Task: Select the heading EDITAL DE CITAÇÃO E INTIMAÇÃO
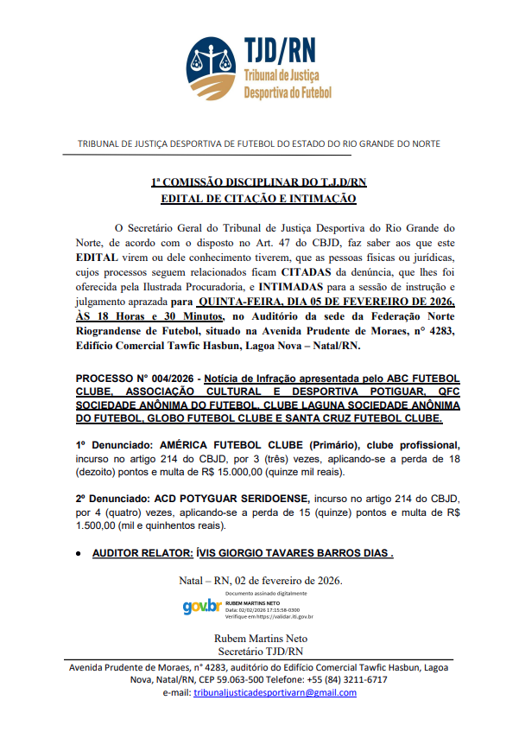click(x=258, y=199)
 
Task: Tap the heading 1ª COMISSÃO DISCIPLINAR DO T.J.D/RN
click(x=258, y=182)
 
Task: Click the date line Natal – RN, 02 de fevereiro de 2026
click(x=259, y=580)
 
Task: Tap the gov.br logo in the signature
click(x=201, y=607)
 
